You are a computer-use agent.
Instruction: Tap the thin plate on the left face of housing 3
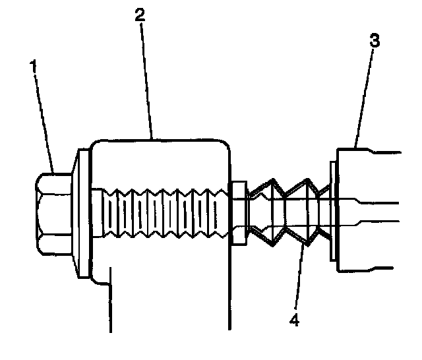click(332, 214)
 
